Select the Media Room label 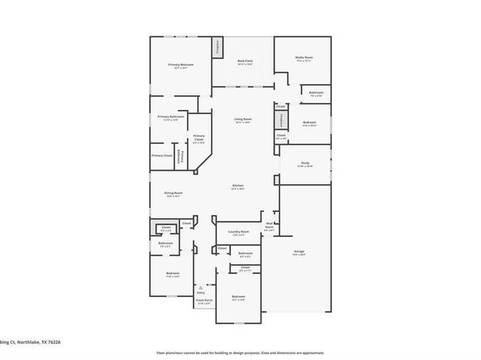(304, 59)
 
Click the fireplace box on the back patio (217, 48)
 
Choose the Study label (304, 164)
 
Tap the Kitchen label (238, 187)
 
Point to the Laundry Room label (238, 233)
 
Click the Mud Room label (269, 227)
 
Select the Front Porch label (203, 302)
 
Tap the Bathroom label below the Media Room (317, 94)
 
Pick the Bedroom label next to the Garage (238, 299)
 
